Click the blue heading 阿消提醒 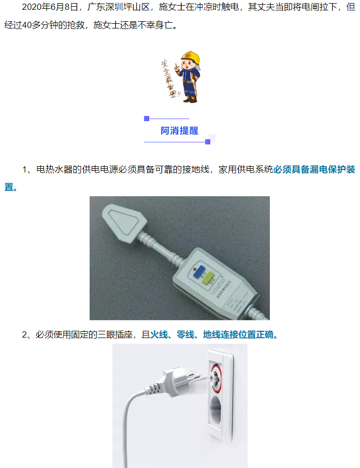click(179, 130)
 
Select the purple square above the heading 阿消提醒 click(147, 119)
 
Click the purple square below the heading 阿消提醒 click(208, 142)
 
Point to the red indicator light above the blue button click(194, 269)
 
